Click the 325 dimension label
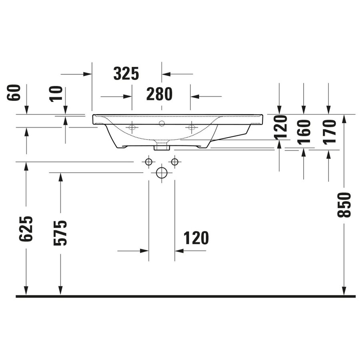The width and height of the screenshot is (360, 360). click(x=126, y=74)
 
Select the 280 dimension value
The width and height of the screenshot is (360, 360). click(x=159, y=94)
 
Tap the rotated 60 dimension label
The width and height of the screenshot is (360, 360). click(x=13, y=93)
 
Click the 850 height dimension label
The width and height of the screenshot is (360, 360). click(x=344, y=205)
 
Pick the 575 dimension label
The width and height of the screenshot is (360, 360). click(x=61, y=232)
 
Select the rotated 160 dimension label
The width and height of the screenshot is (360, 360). click(x=304, y=132)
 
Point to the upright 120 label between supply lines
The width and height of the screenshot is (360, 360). click(x=196, y=238)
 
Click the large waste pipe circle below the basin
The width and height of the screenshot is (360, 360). click(x=161, y=173)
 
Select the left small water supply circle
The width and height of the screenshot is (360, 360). click(x=148, y=162)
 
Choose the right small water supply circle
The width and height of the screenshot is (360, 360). click(x=174, y=162)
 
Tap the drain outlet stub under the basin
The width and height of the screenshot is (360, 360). click(x=162, y=146)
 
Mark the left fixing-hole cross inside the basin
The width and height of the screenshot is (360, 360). click(x=132, y=128)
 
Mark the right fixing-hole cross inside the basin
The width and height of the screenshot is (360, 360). click(x=191, y=128)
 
